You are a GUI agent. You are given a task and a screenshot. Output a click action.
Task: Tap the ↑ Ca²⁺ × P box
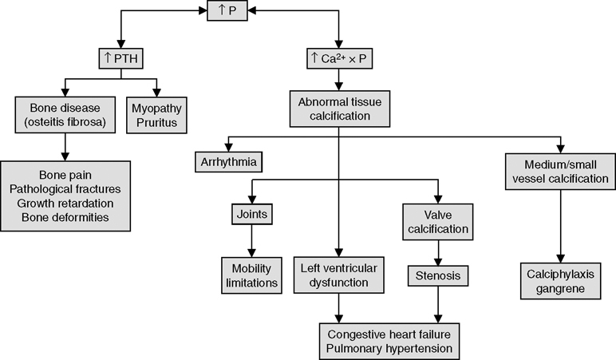340,60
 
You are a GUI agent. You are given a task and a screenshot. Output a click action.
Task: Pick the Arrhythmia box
228,162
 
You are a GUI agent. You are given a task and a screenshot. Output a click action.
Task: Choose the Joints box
251,215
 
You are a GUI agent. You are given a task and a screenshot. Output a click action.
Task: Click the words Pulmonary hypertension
389,348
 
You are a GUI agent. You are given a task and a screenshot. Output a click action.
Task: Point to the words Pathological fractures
65,188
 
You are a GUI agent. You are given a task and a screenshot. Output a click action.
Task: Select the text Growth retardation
65,203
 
